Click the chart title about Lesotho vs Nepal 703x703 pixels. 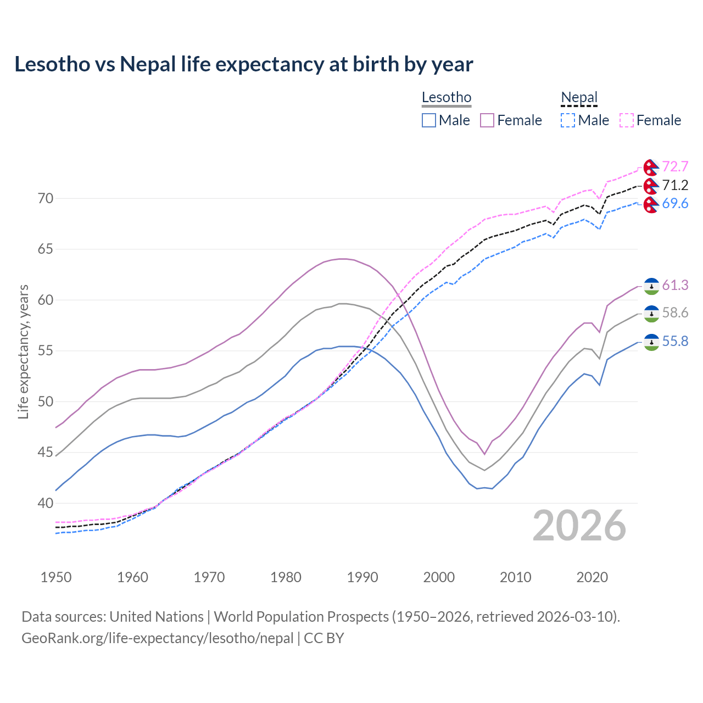243,64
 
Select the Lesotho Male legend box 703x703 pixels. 429,120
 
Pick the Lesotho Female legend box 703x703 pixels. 487,120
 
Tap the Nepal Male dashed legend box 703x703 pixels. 568,120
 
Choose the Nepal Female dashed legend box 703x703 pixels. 627,120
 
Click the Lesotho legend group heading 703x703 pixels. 447,98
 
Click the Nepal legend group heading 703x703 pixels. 579,98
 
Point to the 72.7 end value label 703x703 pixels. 675,166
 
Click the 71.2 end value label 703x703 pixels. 675,185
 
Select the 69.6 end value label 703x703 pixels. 675,204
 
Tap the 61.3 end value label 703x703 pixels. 675,285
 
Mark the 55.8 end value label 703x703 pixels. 675,342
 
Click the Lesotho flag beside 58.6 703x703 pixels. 651,314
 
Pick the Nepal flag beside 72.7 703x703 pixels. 651,167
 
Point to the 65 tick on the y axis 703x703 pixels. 46,249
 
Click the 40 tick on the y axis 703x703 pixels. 46,503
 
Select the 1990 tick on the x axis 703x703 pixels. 362,577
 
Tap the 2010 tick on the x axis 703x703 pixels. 515,577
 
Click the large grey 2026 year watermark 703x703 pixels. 579,526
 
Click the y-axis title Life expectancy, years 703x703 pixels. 24,351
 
